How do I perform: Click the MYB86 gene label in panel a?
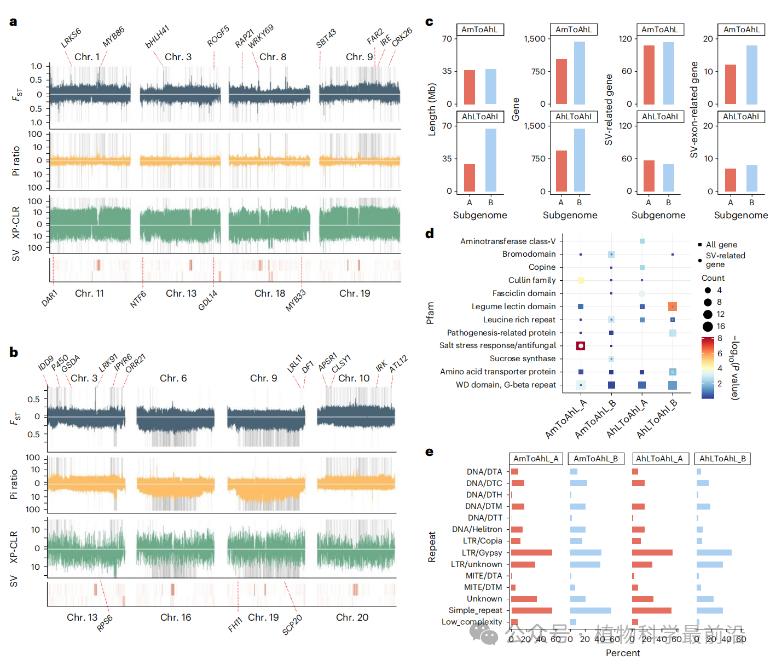click(x=113, y=37)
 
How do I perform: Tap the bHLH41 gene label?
click(x=157, y=37)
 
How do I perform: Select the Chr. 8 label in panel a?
click(x=273, y=57)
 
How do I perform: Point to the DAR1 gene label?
click(x=49, y=298)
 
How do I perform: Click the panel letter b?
click(x=14, y=352)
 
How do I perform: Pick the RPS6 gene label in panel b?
click(x=105, y=623)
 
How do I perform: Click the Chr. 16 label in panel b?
click(x=176, y=617)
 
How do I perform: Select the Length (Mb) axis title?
click(x=432, y=109)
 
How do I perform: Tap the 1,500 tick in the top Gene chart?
click(x=535, y=39)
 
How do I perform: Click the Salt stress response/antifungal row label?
click(x=497, y=345)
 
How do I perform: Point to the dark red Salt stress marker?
click(x=581, y=345)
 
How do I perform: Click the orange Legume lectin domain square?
click(x=673, y=307)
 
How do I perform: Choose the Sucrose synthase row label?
click(x=522, y=358)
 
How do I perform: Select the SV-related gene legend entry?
click(x=725, y=259)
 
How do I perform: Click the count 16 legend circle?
click(x=708, y=327)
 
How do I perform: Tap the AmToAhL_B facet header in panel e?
click(x=595, y=459)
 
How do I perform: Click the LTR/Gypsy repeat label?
click(x=482, y=553)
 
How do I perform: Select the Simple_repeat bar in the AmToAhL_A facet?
click(x=531, y=610)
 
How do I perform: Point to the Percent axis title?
click(x=623, y=653)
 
